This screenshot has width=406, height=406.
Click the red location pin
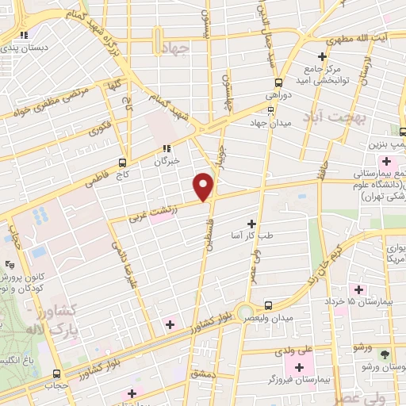204,186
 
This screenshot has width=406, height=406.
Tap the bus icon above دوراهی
278,82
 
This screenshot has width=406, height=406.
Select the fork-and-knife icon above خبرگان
166,147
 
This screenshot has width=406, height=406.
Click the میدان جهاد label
271,122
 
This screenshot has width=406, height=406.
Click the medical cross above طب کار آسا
252,224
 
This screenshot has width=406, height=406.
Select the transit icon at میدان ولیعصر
268,304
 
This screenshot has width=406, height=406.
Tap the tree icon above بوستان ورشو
385,354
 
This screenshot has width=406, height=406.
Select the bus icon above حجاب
54,373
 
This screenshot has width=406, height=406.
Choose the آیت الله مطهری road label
360,40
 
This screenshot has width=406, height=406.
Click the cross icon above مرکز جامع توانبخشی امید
322,56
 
